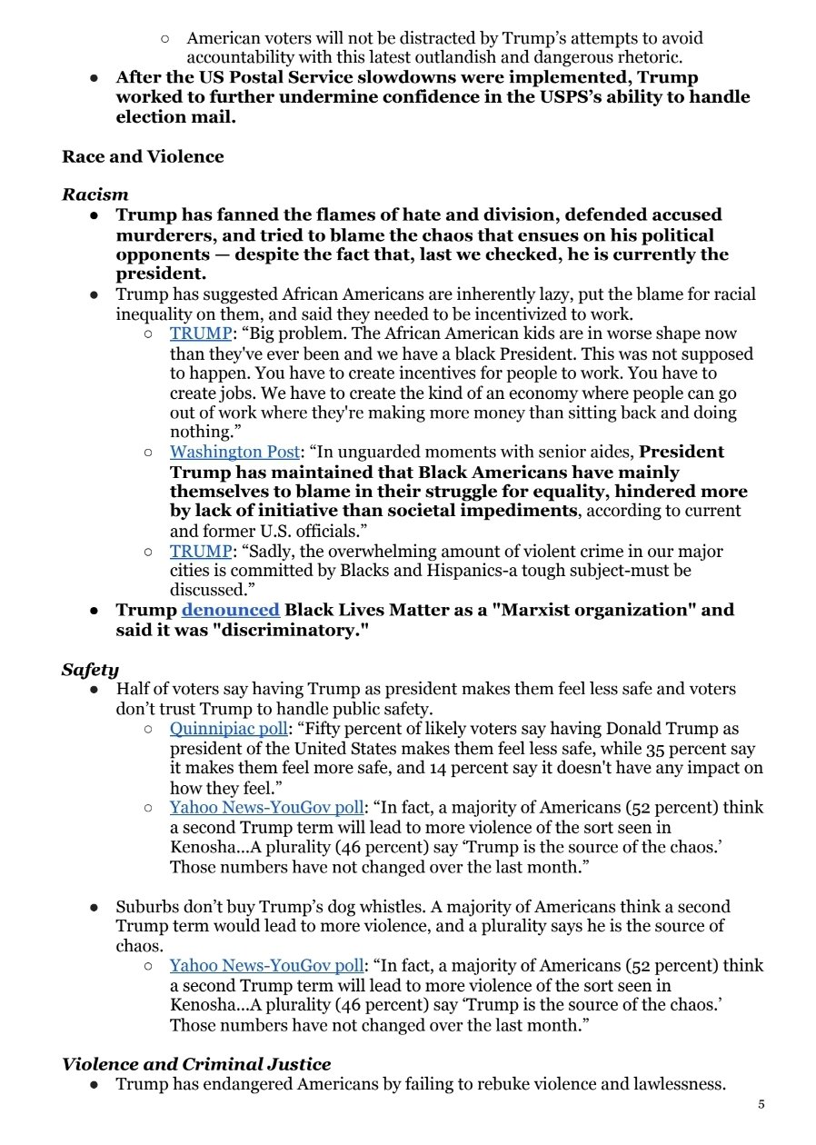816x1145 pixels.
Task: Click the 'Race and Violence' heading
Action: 143,156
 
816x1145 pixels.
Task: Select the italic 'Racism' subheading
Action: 95,194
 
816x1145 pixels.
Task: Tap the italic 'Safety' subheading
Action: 90,670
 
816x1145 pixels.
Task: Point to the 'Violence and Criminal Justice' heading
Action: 196,1064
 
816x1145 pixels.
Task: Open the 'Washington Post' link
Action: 234,452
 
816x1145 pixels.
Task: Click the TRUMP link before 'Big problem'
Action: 201,334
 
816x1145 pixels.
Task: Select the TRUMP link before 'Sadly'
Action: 201,551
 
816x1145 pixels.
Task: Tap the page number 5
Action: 761,1104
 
